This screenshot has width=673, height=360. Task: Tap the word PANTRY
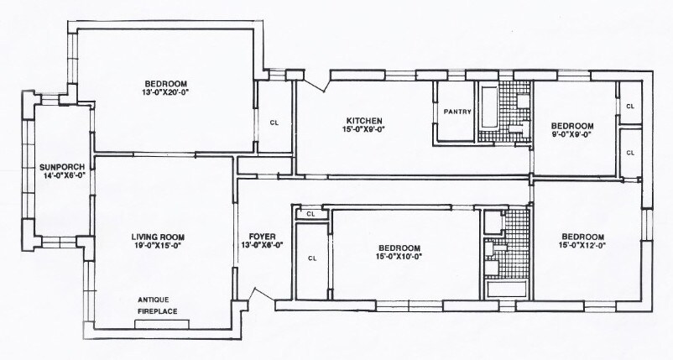456,112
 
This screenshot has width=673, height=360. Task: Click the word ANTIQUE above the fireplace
157,300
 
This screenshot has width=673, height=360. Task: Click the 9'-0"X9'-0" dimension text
571,134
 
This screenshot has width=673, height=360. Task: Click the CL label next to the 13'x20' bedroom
274,122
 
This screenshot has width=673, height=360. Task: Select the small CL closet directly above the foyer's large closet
310,214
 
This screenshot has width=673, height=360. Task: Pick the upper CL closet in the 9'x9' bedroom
630,107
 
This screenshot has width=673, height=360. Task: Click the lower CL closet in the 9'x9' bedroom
630,152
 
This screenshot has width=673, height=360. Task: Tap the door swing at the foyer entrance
249,297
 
